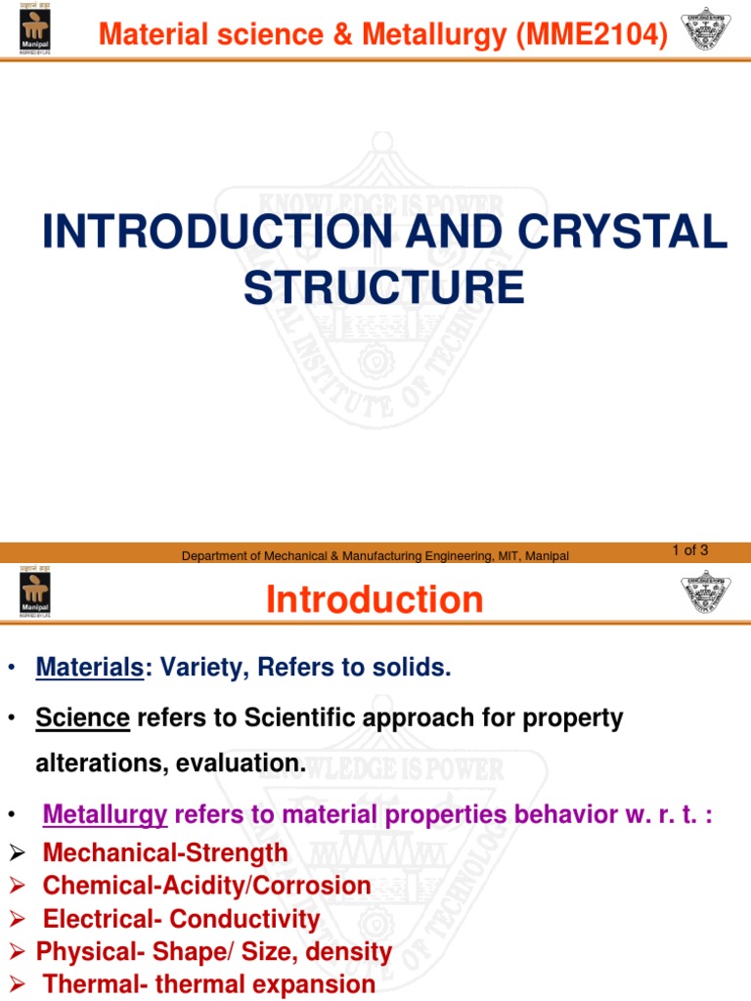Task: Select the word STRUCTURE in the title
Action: tap(383, 287)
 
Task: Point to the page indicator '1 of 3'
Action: tap(689, 550)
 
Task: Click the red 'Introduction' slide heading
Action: tap(375, 599)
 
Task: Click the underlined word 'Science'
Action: tap(82, 718)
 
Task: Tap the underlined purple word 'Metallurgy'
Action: tap(106, 813)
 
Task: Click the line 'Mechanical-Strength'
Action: tap(165, 852)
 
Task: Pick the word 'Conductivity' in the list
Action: tap(244, 920)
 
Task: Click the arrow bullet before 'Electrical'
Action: tap(16, 920)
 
